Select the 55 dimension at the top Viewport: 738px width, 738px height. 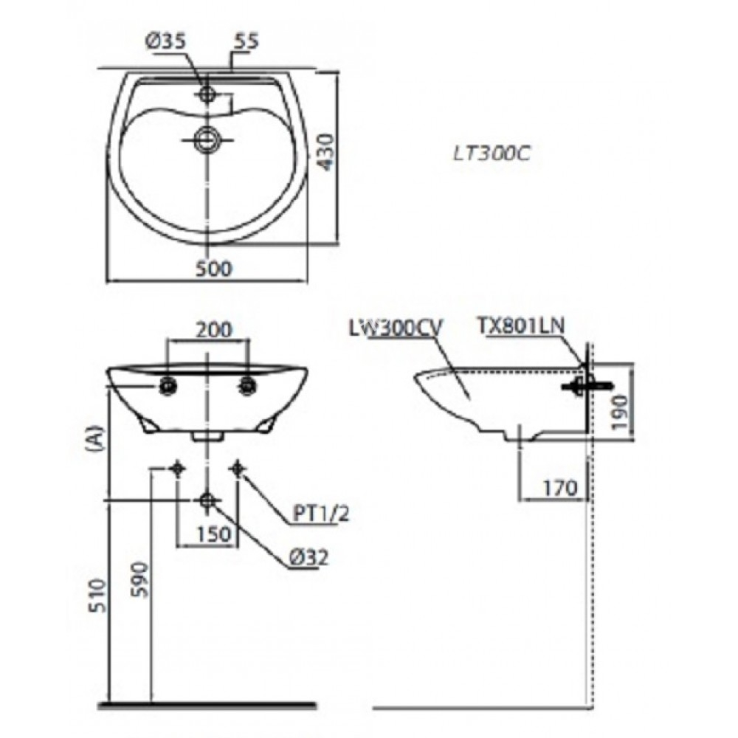pos(246,43)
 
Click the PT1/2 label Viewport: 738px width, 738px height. pos(319,511)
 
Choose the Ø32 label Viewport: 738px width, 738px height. pos(309,558)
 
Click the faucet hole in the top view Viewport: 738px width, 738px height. pos(207,93)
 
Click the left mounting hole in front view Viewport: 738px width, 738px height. pos(168,384)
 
